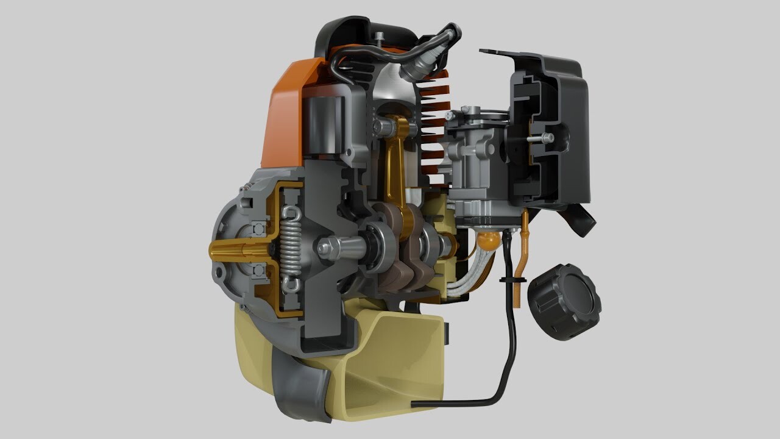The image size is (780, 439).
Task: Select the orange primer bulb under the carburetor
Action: [486, 241]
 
